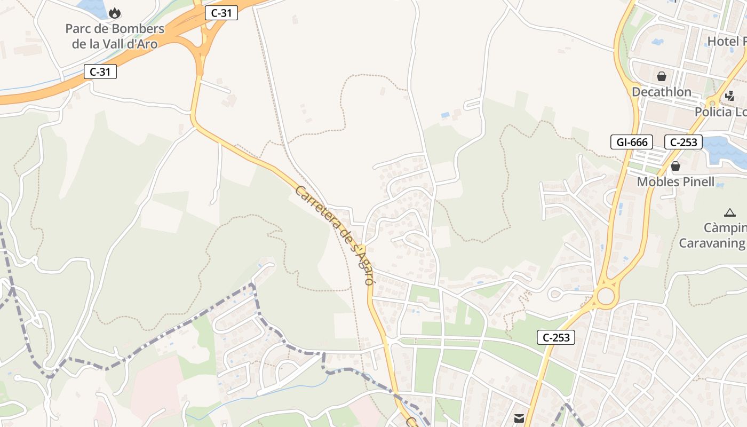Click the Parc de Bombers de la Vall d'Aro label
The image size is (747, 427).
click(115, 36)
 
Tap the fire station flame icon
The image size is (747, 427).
click(114, 13)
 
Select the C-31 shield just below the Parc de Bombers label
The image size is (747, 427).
click(100, 72)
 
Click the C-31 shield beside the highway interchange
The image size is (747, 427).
click(221, 13)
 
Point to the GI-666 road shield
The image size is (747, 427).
click(632, 142)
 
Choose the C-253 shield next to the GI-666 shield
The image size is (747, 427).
click(683, 142)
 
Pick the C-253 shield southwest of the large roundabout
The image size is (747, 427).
click(556, 337)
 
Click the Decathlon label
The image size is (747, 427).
click(661, 92)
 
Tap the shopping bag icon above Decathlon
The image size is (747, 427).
click(662, 76)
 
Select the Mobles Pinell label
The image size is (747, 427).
click(676, 181)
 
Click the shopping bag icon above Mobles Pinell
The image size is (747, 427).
click(676, 166)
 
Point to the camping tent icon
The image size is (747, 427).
click(730, 212)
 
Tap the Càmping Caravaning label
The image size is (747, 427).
click(712, 235)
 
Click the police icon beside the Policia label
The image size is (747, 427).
click(729, 97)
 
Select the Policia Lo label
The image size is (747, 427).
click(720, 112)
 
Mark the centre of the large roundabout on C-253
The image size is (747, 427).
click(606, 296)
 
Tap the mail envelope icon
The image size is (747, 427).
click(519, 418)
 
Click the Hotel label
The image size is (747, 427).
click(726, 41)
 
